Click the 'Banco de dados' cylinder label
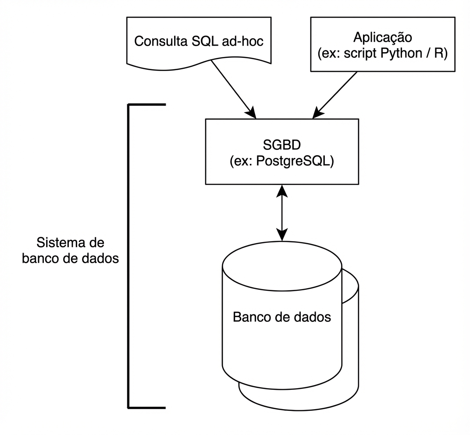coord(281,317)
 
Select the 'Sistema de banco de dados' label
coord(70,250)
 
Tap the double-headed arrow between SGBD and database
coord(282,213)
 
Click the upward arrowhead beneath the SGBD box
coord(282,189)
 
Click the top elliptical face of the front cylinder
coord(281,267)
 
